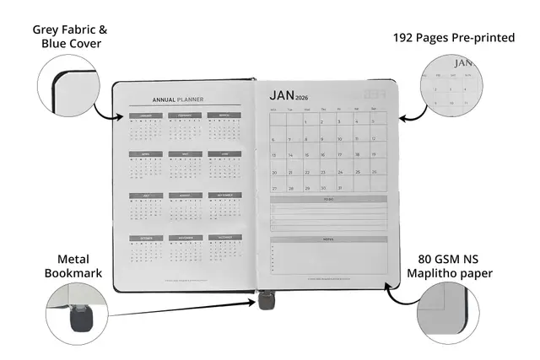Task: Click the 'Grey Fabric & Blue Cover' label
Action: tap(70, 36)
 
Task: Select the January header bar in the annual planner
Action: tap(144, 116)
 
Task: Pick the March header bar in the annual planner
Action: tap(224, 116)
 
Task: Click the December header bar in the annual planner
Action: tap(224, 238)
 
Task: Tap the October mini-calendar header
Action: tap(144, 238)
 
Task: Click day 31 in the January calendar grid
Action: tap(340, 187)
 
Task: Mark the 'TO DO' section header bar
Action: tap(328, 200)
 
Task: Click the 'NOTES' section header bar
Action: tap(328, 239)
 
